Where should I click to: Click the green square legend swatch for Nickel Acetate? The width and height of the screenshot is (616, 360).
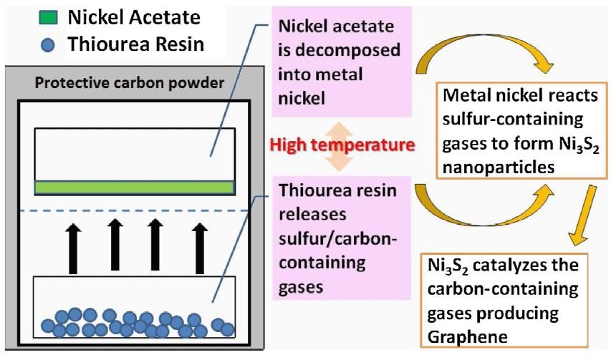point(49,16)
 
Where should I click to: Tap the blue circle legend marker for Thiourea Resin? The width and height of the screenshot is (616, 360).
point(48,43)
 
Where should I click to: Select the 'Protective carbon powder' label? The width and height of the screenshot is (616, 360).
point(129,82)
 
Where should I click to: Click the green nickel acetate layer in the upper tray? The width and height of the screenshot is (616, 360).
point(135,188)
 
